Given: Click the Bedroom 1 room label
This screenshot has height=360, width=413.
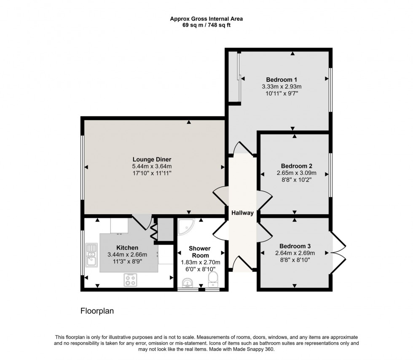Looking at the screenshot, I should click(282, 80).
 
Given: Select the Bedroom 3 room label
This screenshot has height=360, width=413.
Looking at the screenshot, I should click(295, 246).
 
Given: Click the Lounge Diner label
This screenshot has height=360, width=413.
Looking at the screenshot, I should click(152, 159).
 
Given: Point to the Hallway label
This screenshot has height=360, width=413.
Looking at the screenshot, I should click(242, 213).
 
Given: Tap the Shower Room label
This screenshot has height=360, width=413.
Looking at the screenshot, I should click(199, 252).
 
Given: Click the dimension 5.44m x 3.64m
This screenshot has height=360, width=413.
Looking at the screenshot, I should click(152, 167).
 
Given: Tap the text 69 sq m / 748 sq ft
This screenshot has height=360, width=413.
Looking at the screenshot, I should click(206, 25).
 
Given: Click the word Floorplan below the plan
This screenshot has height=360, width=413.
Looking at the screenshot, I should click(97, 311).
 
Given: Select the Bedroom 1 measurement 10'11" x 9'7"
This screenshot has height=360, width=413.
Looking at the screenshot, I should click(282, 94).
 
